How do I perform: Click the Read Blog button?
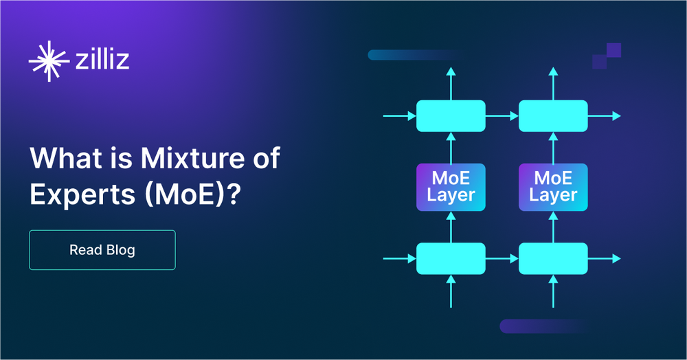point(102,250)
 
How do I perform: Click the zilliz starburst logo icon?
point(49,61)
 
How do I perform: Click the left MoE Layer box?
point(451,187)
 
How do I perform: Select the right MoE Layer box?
point(553,187)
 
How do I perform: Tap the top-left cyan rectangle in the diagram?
point(451,116)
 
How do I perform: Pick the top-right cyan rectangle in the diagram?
point(553,116)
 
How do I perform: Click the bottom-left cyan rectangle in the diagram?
point(451,258)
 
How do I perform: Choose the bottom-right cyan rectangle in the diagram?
point(553,258)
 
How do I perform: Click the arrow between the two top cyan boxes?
point(502,116)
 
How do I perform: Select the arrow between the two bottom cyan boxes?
point(502,258)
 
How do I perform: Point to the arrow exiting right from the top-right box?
point(605,116)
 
